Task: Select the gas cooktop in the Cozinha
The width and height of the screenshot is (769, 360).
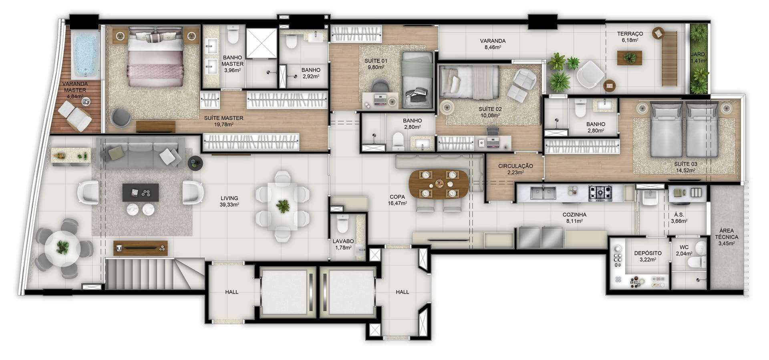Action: pyautogui.click(x=600, y=193)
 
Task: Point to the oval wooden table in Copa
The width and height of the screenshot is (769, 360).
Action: pyautogui.click(x=439, y=185)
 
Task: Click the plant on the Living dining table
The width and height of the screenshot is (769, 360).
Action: pyautogui.click(x=283, y=207)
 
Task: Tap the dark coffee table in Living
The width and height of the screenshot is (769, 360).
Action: pyautogui.click(x=141, y=193)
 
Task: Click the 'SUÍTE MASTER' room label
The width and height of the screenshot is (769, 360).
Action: pyautogui.click(x=223, y=118)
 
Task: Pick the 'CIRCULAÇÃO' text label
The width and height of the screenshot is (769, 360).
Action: pyautogui.click(x=515, y=166)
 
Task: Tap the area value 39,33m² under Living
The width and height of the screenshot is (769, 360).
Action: pyautogui.click(x=229, y=205)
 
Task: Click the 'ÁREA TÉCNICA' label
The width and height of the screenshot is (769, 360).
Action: pyautogui.click(x=727, y=234)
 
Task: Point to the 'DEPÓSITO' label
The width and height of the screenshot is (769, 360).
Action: pyautogui.click(x=648, y=253)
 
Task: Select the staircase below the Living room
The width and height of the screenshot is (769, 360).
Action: pyautogui.click(x=154, y=274)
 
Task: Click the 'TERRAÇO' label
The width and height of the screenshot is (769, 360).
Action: pyautogui.click(x=630, y=34)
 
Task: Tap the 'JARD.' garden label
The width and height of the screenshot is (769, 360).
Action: pyautogui.click(x=698, y=54)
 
